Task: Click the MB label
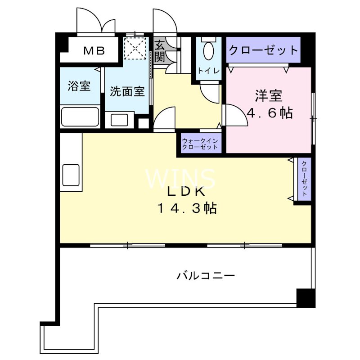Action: (94, 50)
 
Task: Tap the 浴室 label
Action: (79, 86)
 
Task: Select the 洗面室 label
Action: (127, 91)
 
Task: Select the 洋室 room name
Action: (269, 96)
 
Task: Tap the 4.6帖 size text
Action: (270, 112)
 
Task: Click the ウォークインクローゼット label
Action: (200, 144)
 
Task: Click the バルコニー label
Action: (205, 275)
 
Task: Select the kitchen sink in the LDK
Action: (71, 175)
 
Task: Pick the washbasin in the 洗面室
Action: (119, 120)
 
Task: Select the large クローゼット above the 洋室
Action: (263, 50)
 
